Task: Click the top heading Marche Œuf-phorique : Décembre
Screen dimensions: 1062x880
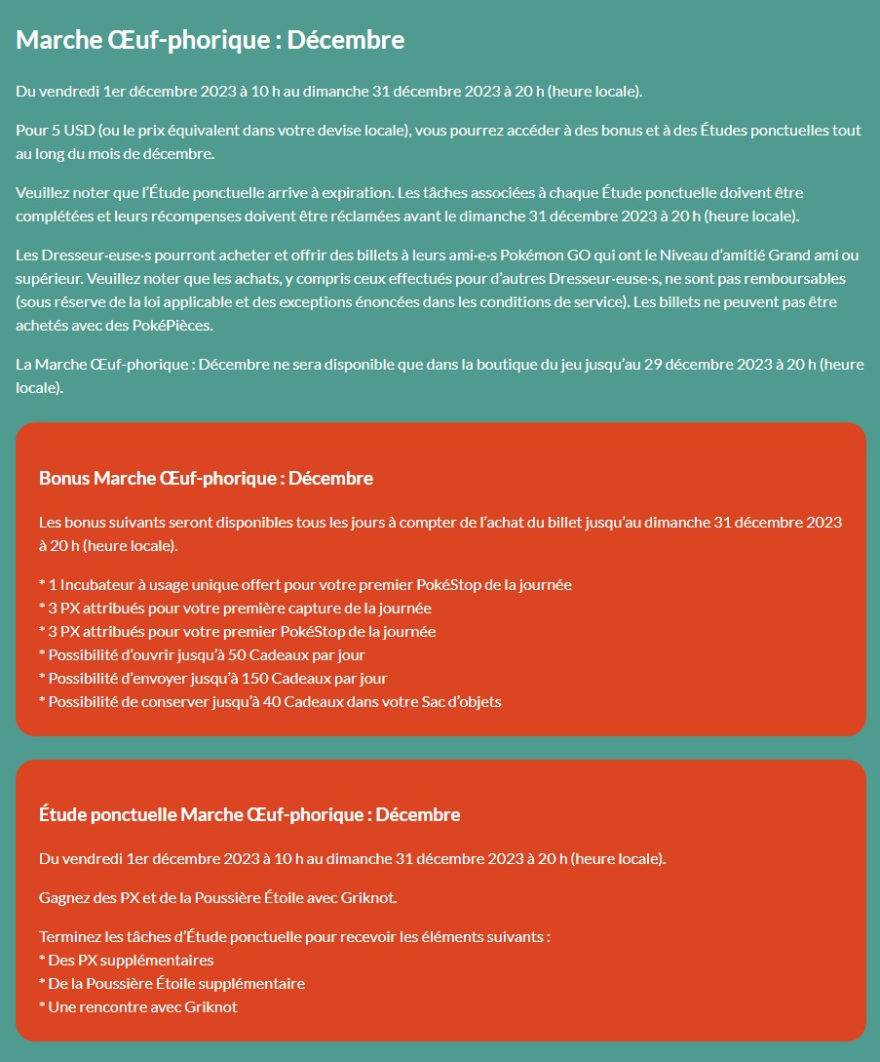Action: (210, 41)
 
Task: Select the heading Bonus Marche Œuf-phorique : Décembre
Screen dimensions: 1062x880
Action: (206, 479)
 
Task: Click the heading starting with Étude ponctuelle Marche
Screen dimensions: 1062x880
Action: (249, 814)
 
